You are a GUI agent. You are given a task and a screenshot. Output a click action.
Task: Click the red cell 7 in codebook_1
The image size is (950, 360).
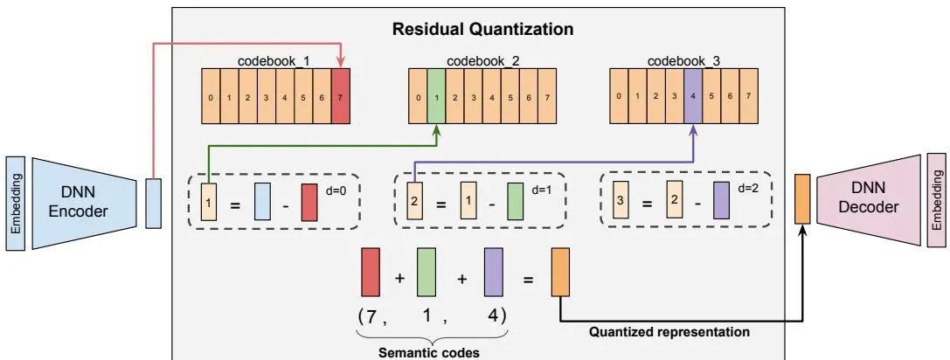click(x=341, y=96)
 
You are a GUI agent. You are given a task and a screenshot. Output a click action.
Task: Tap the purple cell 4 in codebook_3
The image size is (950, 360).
click(x=693, y=96)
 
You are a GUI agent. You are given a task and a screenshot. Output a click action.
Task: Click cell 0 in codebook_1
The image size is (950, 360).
click(x=211, y=96)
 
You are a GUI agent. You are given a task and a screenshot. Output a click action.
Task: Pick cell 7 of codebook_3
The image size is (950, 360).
click(x=749, y=96)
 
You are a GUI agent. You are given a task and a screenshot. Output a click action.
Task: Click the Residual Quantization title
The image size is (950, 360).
click(x=482, y=29)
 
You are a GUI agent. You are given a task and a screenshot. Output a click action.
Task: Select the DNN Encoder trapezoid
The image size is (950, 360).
click(x=84, y=203)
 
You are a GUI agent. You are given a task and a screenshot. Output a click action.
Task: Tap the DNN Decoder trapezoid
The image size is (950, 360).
click(x=868, y=199)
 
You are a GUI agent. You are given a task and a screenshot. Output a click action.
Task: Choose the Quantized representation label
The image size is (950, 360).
click(x=669, y=332)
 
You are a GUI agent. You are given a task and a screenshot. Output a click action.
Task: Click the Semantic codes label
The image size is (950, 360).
click(x=428, y=352)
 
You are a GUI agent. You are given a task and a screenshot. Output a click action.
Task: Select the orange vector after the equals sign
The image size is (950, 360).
click(x=560, y=272)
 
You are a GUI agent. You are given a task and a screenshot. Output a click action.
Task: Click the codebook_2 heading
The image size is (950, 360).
click(x=483, y=61)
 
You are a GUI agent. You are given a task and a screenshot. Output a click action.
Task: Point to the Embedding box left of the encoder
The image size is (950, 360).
click(x=15, y=203)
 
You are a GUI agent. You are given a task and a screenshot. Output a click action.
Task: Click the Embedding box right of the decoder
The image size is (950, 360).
click(x=937, y=200)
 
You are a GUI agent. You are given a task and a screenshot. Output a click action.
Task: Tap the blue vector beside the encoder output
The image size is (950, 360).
click(x=154, y=203)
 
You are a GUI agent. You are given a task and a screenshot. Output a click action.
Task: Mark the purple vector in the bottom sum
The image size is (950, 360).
click(x=494, y=272)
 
